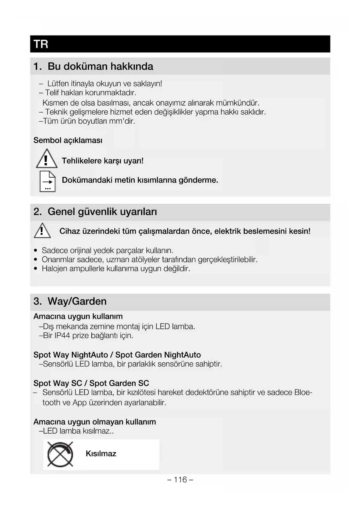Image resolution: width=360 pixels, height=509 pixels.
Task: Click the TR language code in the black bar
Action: click(x=41, y=44)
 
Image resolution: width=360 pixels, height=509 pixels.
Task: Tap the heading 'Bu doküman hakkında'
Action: click(x=100, y=66)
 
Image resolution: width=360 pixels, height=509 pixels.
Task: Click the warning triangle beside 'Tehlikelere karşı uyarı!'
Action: click(x=46, y=159)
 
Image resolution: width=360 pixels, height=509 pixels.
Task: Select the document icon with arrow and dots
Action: click(x=47, y=181)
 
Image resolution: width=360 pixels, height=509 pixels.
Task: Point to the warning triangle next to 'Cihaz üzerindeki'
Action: click(x=42, y=231)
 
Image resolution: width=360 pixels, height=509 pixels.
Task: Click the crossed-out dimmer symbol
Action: click(x=60, y=454)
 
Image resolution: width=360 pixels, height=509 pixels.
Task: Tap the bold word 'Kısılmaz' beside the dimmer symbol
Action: click(x=101, y=454)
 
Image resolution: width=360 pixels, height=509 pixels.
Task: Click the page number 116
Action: click(x=180, y=480)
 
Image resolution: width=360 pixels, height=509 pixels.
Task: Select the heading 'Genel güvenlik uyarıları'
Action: click(x=102, y=212)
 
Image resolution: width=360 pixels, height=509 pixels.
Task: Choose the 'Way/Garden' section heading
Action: click(x=77, y=301)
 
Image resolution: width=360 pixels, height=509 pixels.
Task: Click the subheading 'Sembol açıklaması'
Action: click(x=68, y=140)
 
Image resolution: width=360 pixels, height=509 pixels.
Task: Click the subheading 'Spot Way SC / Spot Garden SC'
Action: click(x=91, y=383)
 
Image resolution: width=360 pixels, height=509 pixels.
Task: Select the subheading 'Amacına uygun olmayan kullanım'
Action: click(x=95, y=422)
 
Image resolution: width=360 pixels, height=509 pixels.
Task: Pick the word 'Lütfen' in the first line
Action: click(x=58, y=84)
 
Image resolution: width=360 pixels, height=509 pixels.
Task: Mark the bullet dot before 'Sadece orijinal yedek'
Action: click(x=36, y=250)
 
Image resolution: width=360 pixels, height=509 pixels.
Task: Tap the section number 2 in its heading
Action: click(x=37, y=212)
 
